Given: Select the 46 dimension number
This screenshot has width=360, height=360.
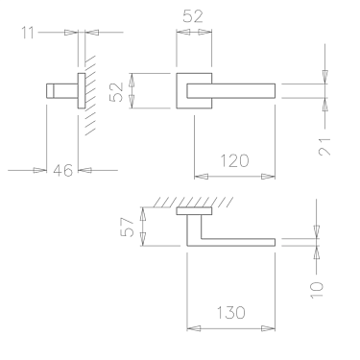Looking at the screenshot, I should tap(62, 171).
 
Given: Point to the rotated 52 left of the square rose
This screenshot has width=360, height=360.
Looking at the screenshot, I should tap(115, 92).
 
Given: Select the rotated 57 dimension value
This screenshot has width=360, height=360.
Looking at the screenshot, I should tap(125, 228).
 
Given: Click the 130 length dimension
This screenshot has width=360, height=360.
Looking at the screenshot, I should tap(232, 312).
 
